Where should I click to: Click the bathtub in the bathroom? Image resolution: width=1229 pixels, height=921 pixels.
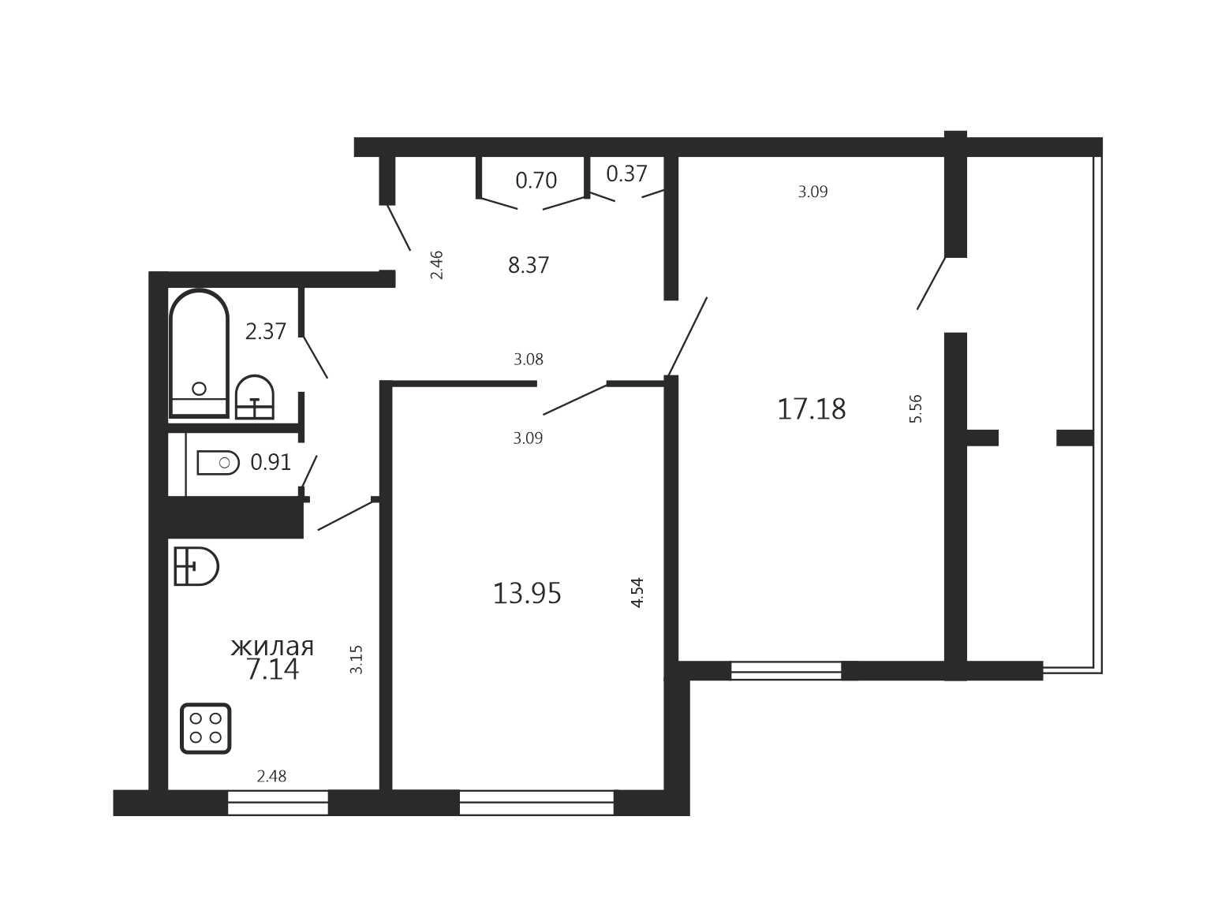[x=199, y=353]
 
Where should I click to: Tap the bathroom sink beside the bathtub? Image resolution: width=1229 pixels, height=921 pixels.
[x=255, y=397]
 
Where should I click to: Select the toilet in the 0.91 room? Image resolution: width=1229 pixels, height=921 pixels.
[x=218, y=463]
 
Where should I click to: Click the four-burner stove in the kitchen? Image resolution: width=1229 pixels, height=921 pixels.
[x=205, y=728]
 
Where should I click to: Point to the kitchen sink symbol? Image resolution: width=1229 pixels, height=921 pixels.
[x=196, y=566]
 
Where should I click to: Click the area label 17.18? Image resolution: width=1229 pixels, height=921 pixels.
[x=811, y=409]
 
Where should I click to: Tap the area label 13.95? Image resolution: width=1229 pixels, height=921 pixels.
[x=526, y=594]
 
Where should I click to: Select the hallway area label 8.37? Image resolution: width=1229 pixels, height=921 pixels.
[x=528, y=265]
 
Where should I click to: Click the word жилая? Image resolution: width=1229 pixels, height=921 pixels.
[x=272, y=647]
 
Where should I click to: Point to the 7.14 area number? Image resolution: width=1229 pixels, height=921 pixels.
[x=273, y=669]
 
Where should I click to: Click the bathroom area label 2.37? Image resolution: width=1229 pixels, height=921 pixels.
[x=265, y=331]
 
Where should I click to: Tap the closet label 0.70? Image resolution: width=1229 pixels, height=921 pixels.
[x=536, y=180]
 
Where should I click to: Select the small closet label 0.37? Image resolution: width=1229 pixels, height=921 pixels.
[x=626, y=173]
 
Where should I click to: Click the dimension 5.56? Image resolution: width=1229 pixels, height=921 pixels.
[x=916, y=409]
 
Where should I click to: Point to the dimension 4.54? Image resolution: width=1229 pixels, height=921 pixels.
[x=637, y=592]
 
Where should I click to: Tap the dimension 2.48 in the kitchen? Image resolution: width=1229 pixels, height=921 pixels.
[x=271, y=776]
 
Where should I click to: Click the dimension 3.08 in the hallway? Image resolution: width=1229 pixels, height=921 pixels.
[x=529, y=360]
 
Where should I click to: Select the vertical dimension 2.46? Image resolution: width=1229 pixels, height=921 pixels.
[x=436, y=265]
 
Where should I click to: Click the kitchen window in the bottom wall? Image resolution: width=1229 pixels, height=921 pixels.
[x=278, y=803]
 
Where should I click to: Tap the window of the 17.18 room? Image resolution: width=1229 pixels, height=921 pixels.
[x=786, y=670]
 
